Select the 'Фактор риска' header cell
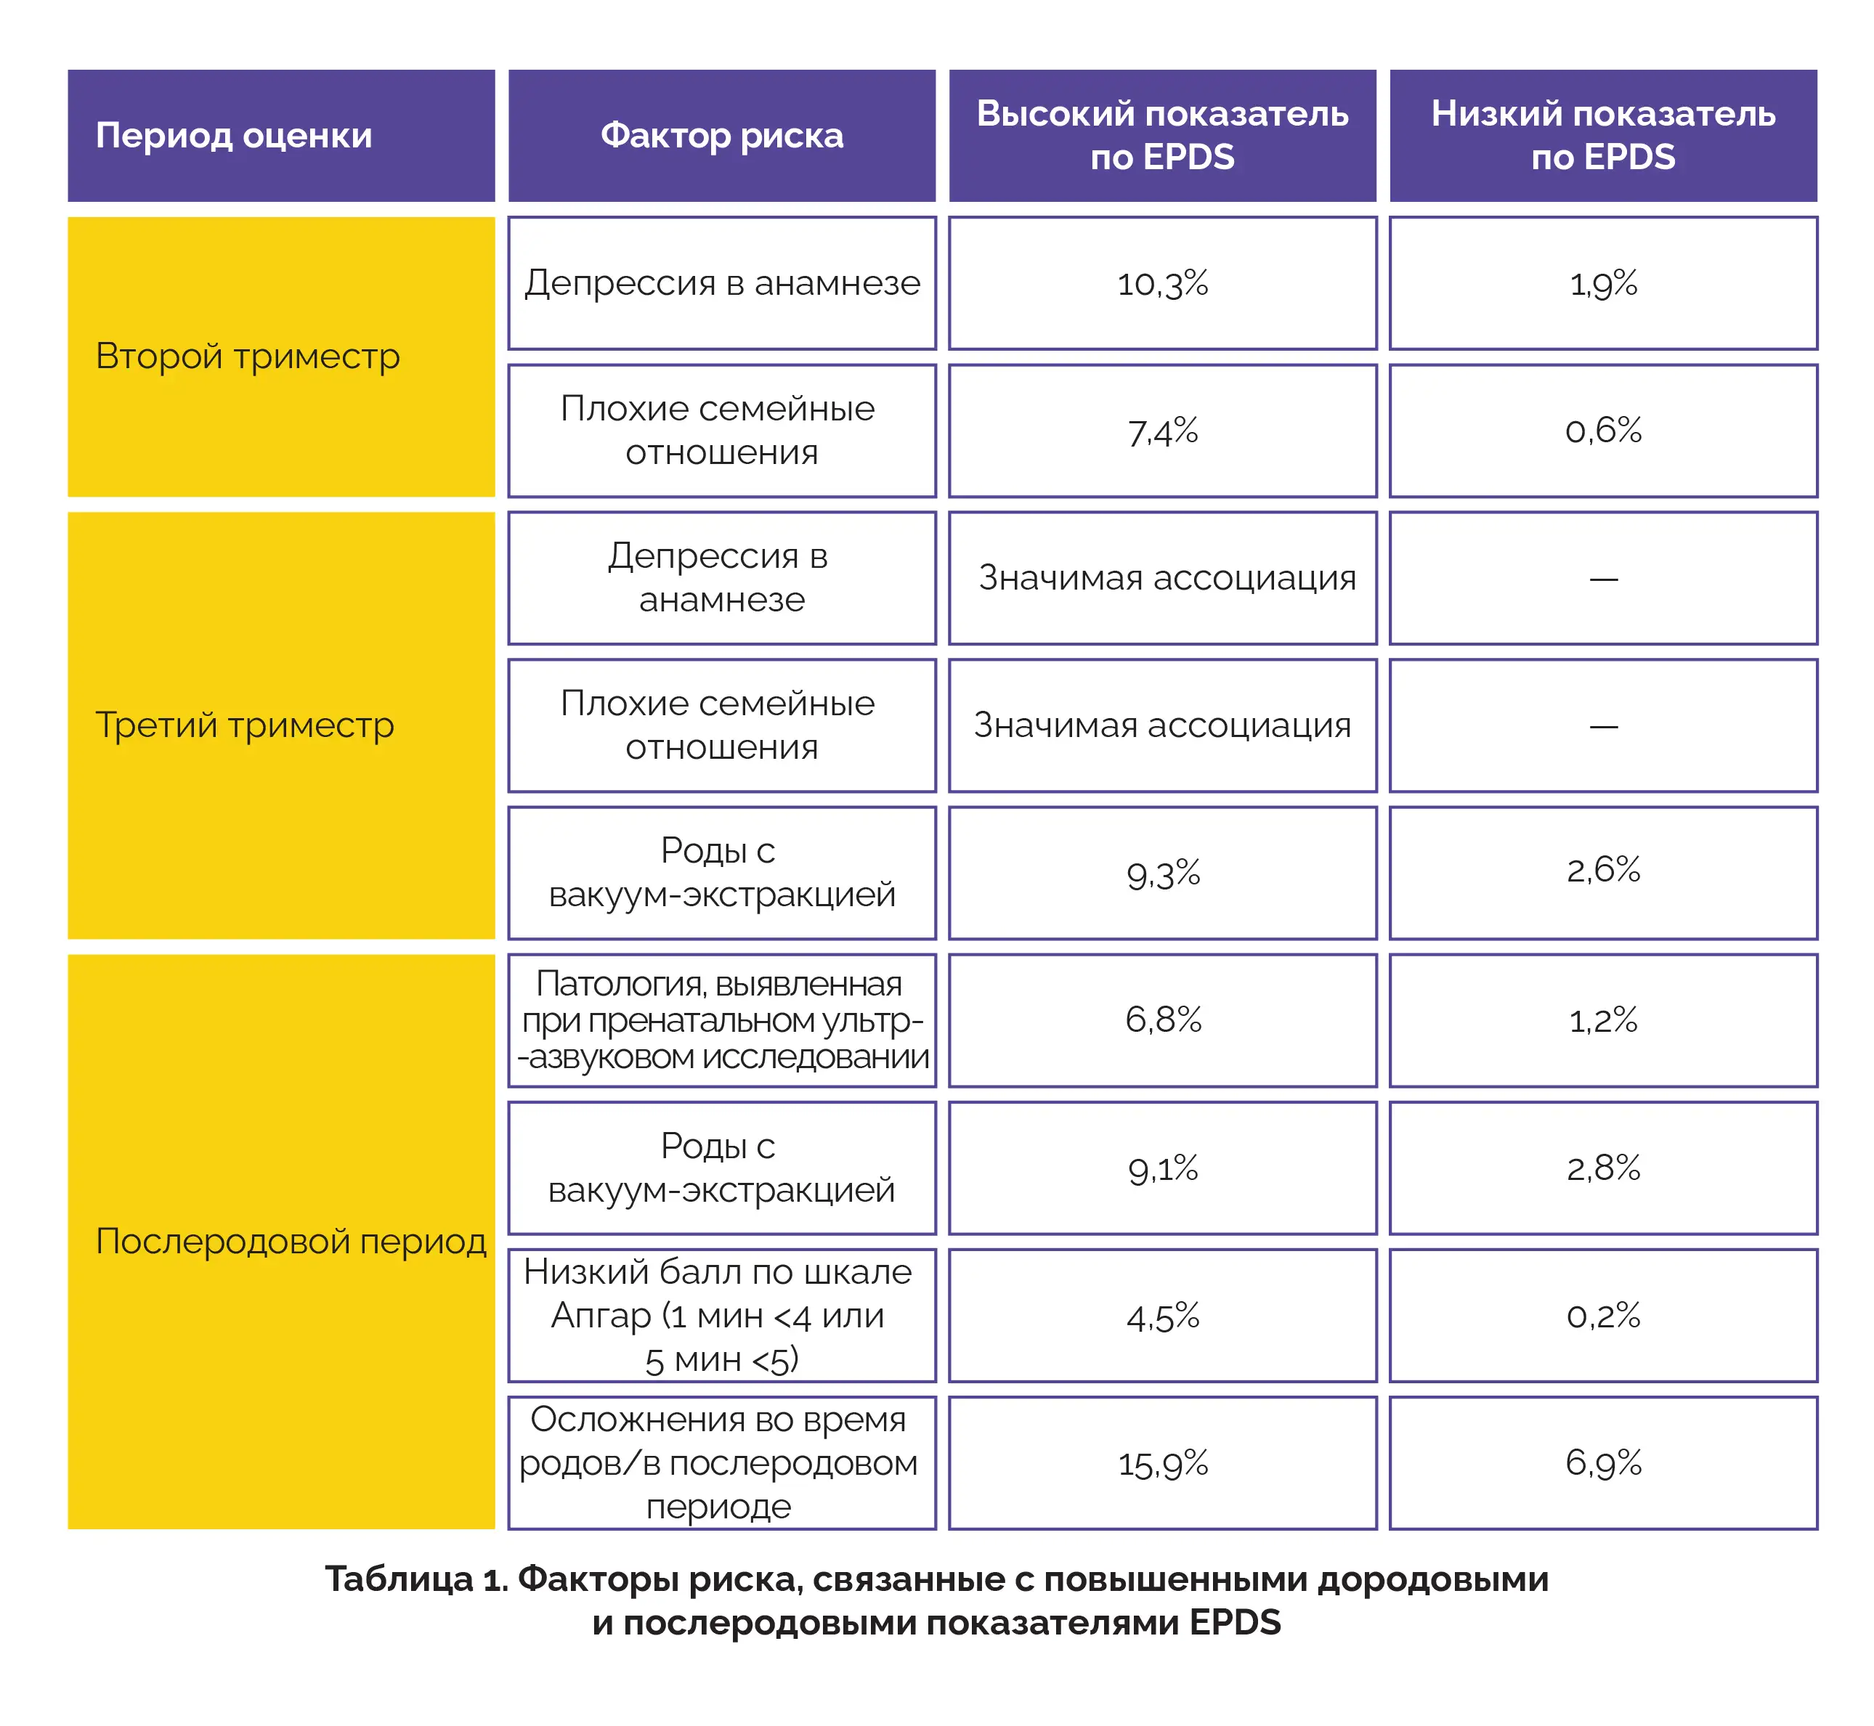tap(722, 136)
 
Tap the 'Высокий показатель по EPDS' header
tap(1163, 136)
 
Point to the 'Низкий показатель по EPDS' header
tap(1604, 136)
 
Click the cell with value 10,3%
tap(1163, 284)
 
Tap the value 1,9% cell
tap(1604, 284)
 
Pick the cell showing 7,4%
tap(1163, 431)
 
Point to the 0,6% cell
tap(1604, 431)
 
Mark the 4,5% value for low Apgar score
tap(1163, 1316)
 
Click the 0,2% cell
tap(1604, 1316)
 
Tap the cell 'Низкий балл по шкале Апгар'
tap(722, 1316)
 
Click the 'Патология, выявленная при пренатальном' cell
tap(722, 1021)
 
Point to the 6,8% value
tap(1163, 1021)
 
